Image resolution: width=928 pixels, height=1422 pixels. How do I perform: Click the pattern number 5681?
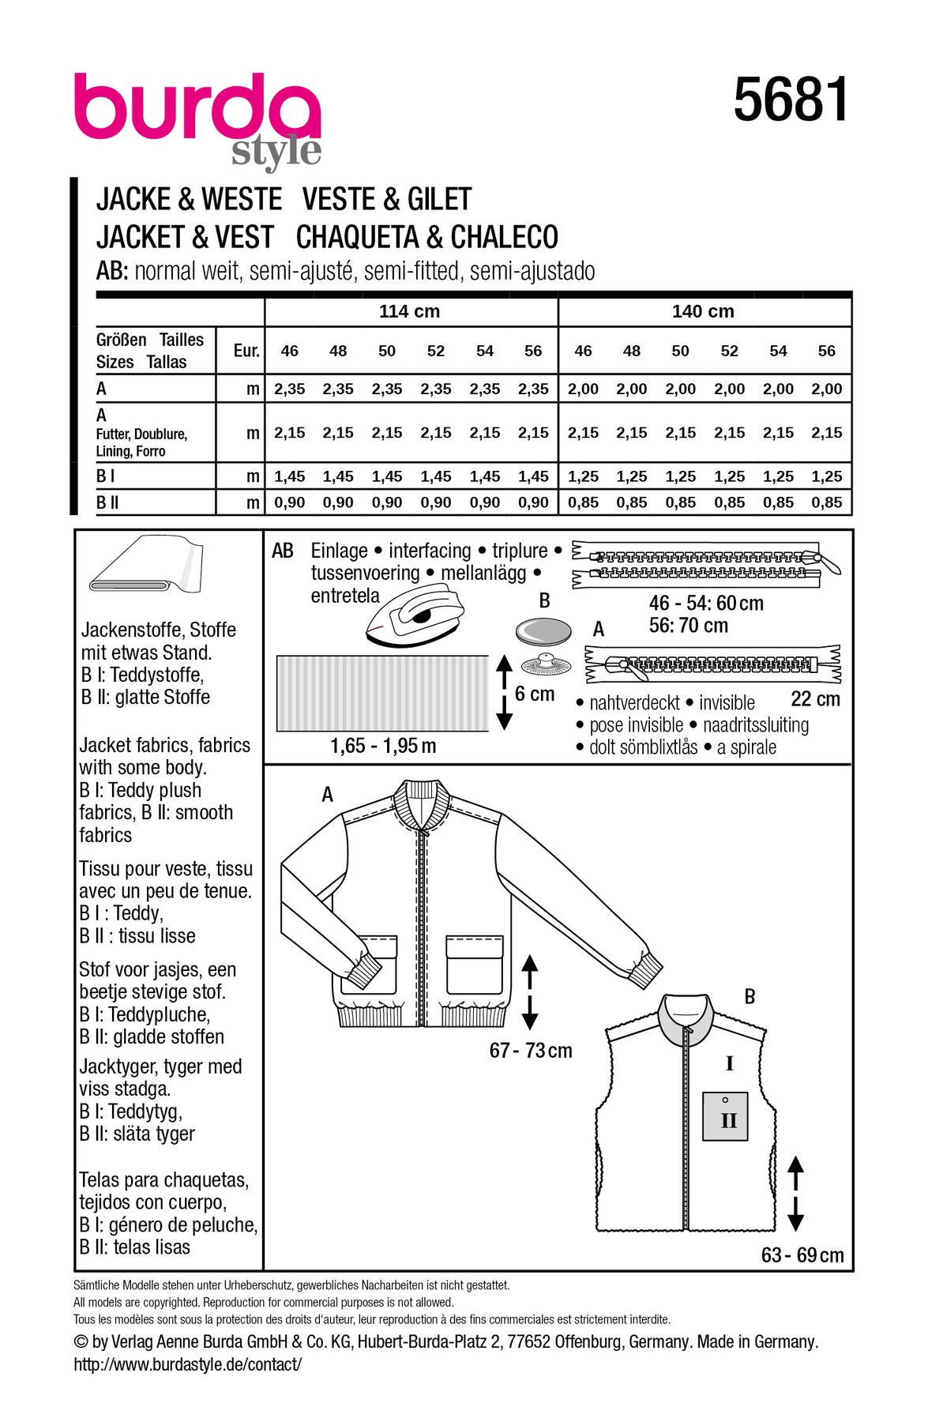(791, 100)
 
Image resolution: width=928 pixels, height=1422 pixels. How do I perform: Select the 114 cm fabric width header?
(409, 311)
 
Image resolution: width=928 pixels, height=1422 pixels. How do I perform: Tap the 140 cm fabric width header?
(703, 311)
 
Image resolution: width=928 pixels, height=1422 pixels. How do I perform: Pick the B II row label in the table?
(107, 502)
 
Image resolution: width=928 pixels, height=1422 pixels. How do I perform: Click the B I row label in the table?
(106, 476)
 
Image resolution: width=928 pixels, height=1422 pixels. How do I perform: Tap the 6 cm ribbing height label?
(535, 694)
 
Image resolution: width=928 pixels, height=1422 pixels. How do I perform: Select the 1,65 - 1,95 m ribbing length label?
(383, 746)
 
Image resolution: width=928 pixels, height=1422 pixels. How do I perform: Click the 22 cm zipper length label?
(815, 699)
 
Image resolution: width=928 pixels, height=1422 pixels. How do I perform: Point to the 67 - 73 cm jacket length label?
(531, 1051)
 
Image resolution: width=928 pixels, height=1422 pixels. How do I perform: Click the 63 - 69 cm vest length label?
(802, 1255)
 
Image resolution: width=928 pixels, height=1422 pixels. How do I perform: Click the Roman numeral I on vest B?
(730, 1063)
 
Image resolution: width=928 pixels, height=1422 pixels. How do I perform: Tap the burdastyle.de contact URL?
(188, 1364)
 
